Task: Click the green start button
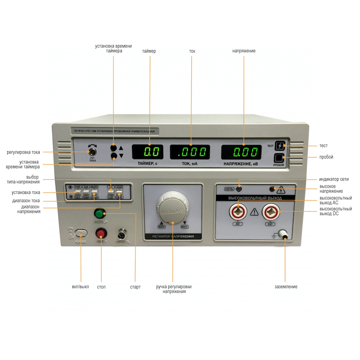pyautogui.click(x=99, y=213)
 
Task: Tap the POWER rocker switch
pyautogui.click(x=81, y=233)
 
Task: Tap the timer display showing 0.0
pyautogui.click(x=147, y=152)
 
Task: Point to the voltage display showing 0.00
pyautogui.click(x=242, y=152)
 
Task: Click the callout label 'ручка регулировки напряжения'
pyautogui.click(x=172, y=289)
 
